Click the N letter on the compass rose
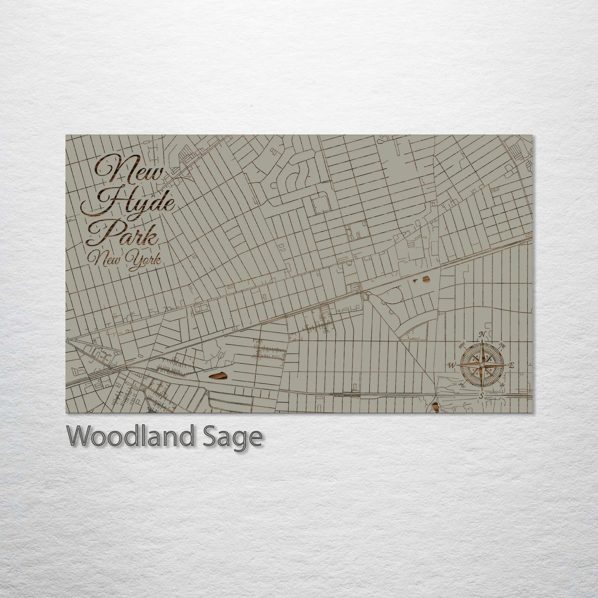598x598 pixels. click(x=482, y=334)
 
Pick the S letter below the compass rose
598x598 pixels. click(x=481, y=396)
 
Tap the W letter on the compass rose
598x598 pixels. click(x=452, y=365)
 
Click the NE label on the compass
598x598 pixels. click(x=503, y=344)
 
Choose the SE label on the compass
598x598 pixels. click(x=502, y=385)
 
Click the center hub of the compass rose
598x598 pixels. click(x=481, y=365)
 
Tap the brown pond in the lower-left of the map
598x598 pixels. click(x=218, y=376)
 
